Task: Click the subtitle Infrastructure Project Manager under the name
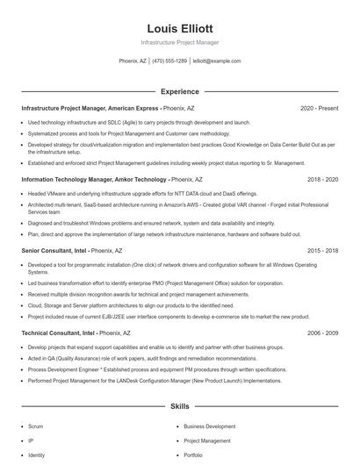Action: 179,42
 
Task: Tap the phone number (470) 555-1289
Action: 169,61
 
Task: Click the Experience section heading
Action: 179,90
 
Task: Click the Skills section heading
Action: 179,407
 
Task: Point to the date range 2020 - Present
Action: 319,108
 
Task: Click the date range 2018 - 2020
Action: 322,178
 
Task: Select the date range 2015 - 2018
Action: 322,250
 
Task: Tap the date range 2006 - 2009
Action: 322,333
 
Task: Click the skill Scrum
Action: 36,426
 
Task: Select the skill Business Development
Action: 209,426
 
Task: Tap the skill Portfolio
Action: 193,455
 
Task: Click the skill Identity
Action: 36,455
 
